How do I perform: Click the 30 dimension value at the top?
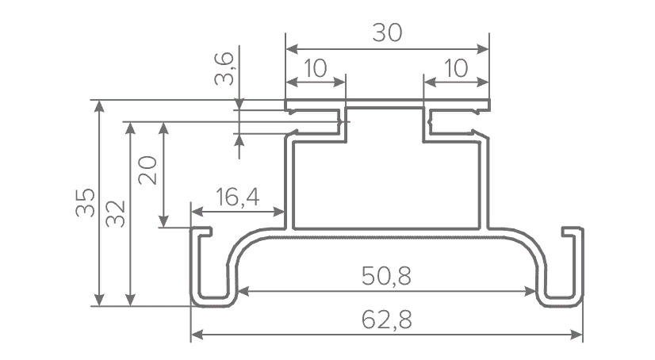point(387,33)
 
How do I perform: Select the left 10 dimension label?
point(316,68)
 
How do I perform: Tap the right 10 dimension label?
point(456,68)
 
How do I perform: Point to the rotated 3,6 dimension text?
point(224,69)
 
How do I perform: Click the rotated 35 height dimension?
point(86,202)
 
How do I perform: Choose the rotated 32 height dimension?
point(116,213)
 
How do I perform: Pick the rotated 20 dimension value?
point(147,170)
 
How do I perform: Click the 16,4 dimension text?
point(238,197)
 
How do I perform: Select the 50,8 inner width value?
point(386,276)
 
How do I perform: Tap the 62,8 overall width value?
point(387,320)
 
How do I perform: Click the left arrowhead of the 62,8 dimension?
point(197,335)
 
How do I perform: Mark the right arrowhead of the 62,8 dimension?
point(576,335)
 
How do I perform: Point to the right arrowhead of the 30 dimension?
point(483,49)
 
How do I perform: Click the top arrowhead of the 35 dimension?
point(99,106)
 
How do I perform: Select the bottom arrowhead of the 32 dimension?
point(131,300)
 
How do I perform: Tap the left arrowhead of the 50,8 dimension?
point(243,291)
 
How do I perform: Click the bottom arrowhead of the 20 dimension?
point(163,221)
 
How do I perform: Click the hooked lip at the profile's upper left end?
point(201,232)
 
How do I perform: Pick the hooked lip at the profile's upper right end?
point(573,232)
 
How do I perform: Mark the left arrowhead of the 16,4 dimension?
point(197,212)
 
